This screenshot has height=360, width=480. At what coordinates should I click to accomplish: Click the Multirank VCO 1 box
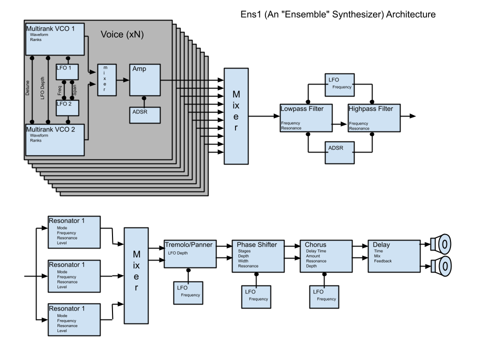(x=55, y=38)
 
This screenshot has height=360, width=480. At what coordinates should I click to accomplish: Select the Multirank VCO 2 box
(x=55, y=139)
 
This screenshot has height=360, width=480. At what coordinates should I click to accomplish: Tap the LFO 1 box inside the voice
(x=67, y=71)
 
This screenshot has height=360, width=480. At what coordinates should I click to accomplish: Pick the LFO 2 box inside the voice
(x=67, y=107)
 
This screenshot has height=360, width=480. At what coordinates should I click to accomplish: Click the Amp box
(x=145, y=79)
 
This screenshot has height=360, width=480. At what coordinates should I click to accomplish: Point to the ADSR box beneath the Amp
(x=145, y=115)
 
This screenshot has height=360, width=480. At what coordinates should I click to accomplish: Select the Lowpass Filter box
(x=305, y=117)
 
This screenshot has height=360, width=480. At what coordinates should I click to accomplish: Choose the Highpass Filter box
(x=373, y=117)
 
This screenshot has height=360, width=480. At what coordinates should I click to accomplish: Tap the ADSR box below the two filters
(x=340, y=152)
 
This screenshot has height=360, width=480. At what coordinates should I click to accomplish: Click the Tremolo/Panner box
(x=190, y=253)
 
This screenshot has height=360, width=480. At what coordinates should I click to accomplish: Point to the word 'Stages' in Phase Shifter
(x=244, y=251)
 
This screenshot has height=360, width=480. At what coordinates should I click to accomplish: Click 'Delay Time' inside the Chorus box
(x=316, y=251)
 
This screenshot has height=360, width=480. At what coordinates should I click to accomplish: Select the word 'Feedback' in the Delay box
(x=383, y=261)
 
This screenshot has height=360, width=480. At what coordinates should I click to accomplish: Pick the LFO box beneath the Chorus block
(x=324, y=296)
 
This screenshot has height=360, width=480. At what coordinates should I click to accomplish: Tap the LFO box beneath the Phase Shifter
(x=256, y=296)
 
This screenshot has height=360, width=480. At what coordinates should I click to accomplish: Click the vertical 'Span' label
(x=75, y=90)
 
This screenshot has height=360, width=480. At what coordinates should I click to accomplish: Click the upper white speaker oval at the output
(x=444, y=244)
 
